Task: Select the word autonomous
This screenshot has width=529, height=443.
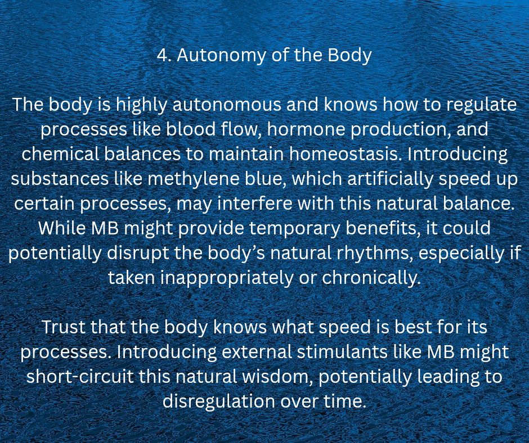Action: click(227, 105)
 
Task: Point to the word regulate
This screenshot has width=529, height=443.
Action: click(481, 106)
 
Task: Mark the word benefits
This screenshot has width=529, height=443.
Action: click(384, 229)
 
